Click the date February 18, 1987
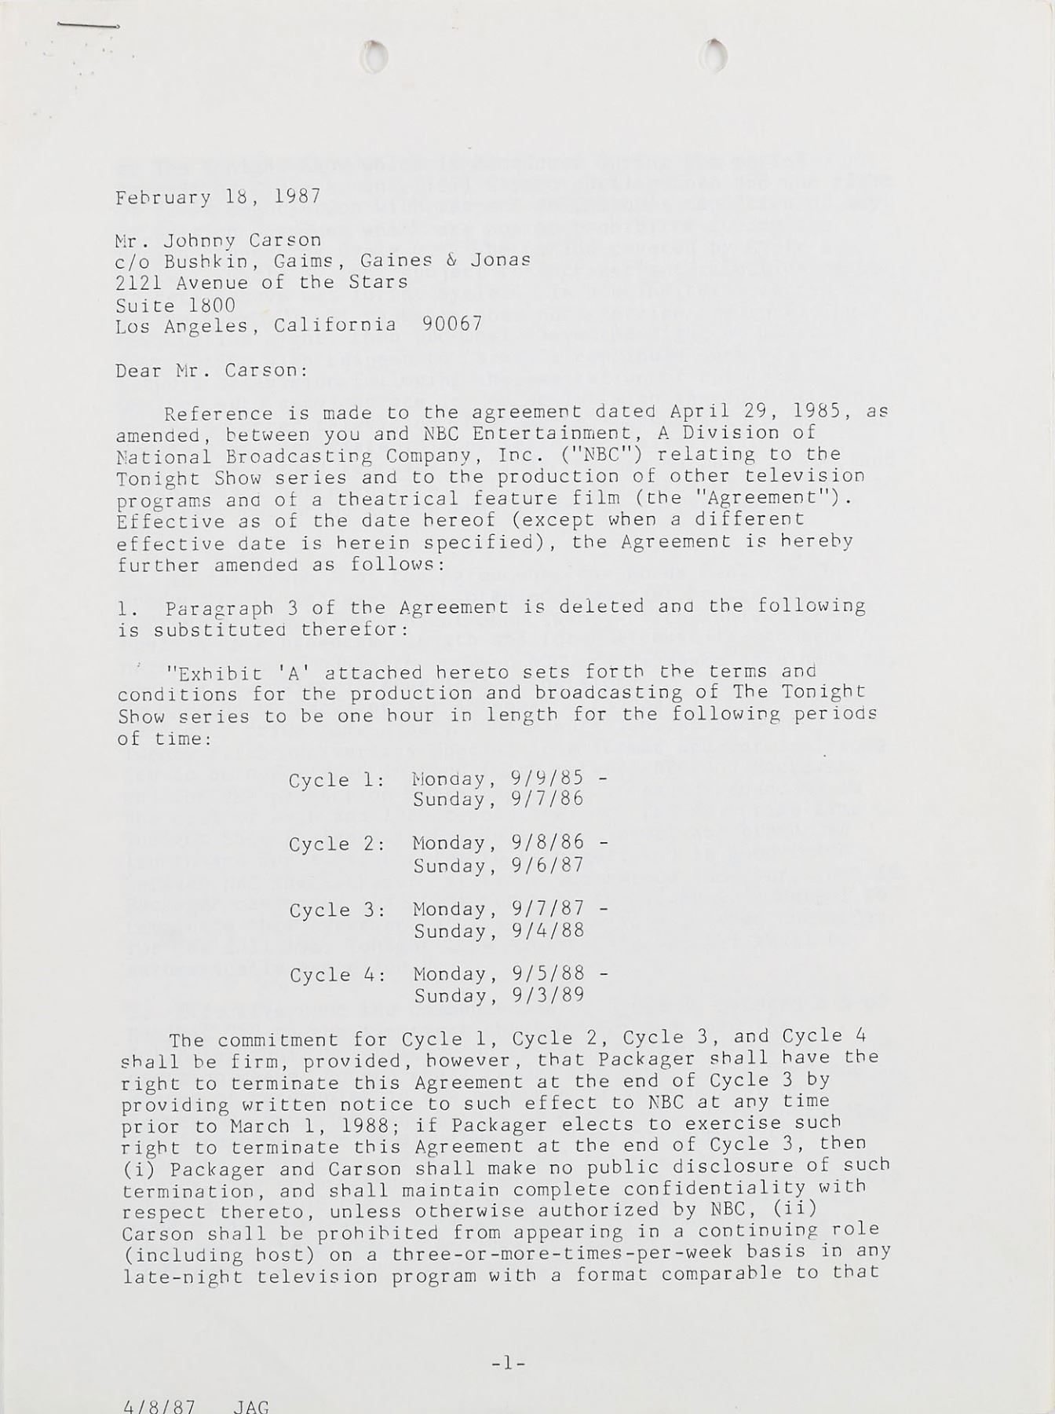(x=217, y=196)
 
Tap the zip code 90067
(x=452, y=324)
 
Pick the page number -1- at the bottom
(x=507, y=1364)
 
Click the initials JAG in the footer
(x=250, y=1406)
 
